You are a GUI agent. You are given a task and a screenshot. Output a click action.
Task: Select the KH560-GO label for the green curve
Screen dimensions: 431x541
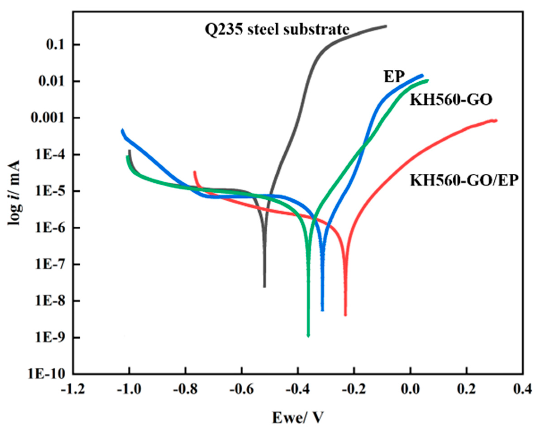(x=451, y=100)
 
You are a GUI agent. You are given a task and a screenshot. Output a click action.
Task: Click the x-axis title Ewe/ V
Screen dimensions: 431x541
(x=298, y=418)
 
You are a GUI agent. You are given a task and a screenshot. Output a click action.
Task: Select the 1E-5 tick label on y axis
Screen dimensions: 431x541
(x=50, y=191)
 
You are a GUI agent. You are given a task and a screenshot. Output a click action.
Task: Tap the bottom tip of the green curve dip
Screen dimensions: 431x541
(x=308, y=336)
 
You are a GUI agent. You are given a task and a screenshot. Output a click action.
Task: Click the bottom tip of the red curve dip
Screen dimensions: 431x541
(x=345, y=315)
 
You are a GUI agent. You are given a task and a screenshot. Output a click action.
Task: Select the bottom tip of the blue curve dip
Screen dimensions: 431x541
(x=322, y=310)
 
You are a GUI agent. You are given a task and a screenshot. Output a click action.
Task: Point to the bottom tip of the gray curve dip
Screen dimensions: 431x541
(x=265, y=287)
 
